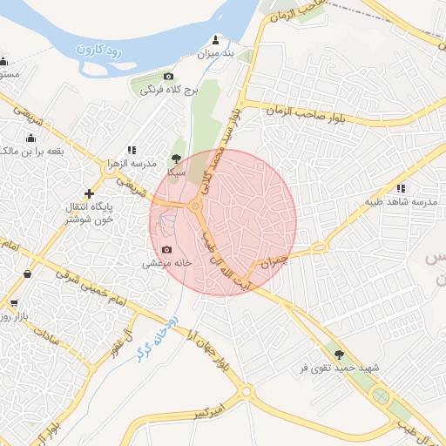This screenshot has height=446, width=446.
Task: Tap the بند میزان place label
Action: [x=217, y=54]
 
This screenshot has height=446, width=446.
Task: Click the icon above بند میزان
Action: [x=217, y=40]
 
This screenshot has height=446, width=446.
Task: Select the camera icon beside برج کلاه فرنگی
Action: [x=168, y=78]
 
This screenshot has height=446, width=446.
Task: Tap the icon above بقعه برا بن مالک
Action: [x=31, y=138]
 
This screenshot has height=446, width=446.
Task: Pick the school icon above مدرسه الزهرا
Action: [x=132, y=150]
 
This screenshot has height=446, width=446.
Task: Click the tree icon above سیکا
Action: [x=179, y=159]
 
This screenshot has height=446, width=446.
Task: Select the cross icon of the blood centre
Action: [x=88, y=193]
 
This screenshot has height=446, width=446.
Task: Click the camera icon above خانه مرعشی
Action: [x=167, y=249]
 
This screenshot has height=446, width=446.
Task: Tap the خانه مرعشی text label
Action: [x=163, y=262]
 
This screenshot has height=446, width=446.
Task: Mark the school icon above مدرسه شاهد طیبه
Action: [x=401, y=188]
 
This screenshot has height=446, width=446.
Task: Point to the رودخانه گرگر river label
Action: [x=157, y=336]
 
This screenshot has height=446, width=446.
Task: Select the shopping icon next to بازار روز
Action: [x=13, y=303]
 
